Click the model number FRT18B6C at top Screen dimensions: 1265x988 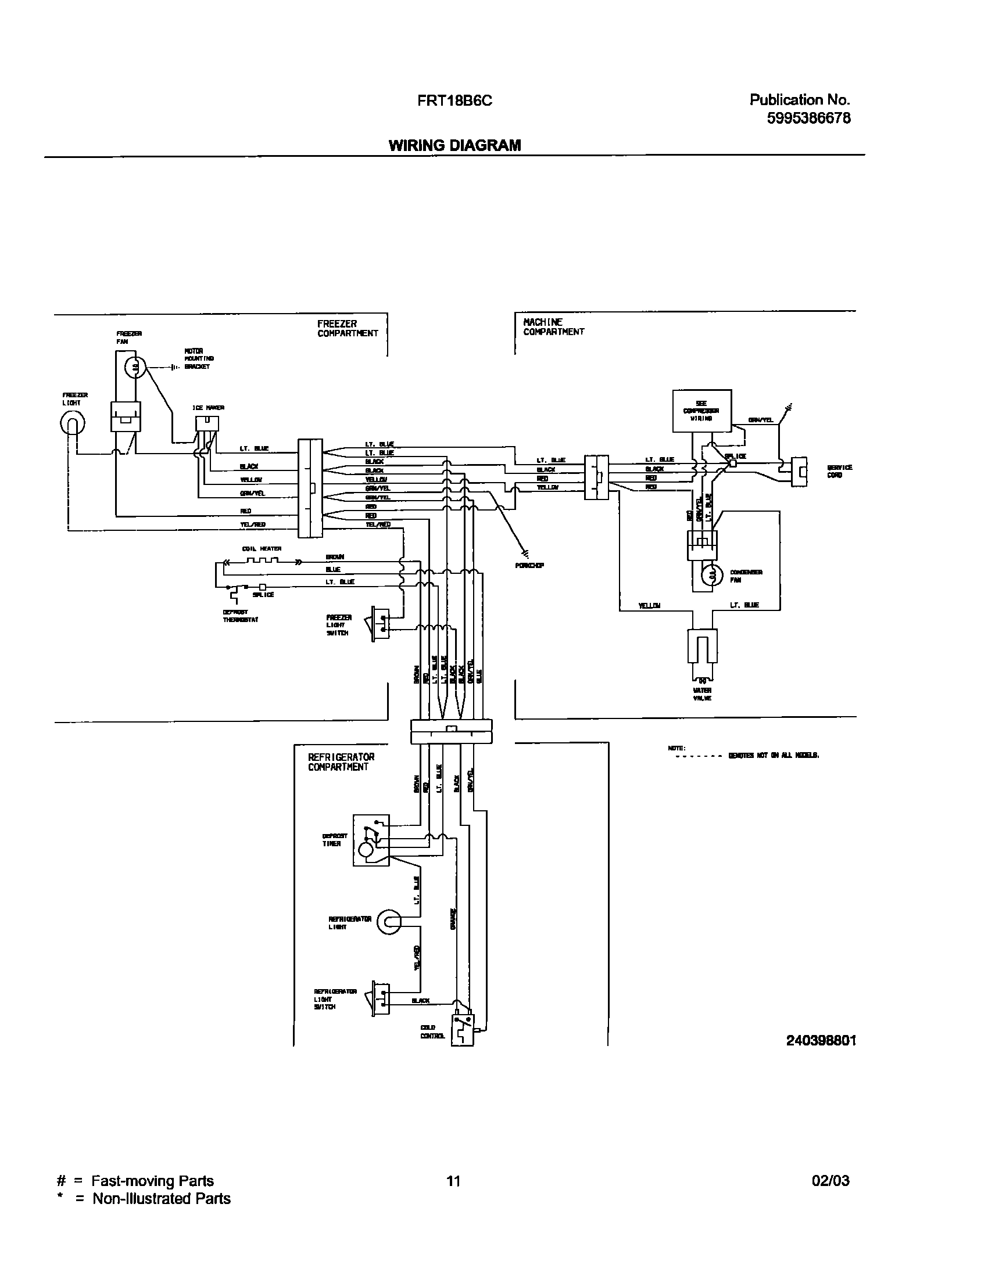click(x=454, y=101)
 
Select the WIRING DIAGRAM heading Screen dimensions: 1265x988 click(x=454, y=145)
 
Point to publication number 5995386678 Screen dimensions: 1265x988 click(x=808, y=118)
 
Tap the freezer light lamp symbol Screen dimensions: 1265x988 click(x=72, y=424)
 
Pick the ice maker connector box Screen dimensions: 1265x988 click(x=207, y=423)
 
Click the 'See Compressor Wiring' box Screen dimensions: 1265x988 click(x=701, y=411)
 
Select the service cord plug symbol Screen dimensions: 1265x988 click(x=800, y=471)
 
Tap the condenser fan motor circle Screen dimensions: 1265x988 click(x=711, y=576)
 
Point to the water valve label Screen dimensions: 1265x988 click(x=702, y=694)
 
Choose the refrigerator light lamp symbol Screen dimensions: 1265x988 click(x=389, y=922)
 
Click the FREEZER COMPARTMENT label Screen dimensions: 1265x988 click(x=348, y=329)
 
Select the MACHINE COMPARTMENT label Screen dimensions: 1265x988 click(x=553, y=327)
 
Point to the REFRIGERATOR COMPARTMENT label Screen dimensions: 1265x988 click(x=341, y=762)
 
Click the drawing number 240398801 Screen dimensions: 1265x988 click(x=821, y=1040)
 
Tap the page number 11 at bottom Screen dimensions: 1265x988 click(x=453, y=1180)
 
